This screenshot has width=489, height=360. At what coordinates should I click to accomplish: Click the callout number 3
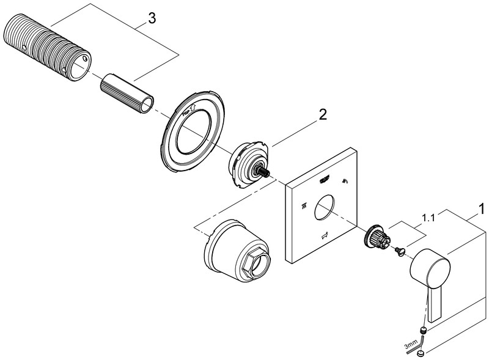tap(152, 19)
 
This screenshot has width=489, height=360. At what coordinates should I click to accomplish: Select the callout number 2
tap(322, 115)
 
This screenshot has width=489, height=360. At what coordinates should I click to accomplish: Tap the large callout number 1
tap(481, 209)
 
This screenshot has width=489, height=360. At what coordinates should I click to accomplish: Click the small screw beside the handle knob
tap(399, 250)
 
